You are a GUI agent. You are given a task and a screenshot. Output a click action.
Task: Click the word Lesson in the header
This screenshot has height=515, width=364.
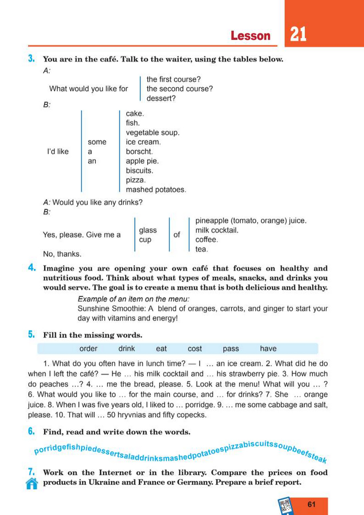(250, 36)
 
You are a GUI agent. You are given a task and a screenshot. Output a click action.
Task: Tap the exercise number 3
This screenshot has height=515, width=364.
(31, 59)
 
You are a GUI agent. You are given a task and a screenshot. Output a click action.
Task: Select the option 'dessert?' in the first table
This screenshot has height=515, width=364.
(161, 98)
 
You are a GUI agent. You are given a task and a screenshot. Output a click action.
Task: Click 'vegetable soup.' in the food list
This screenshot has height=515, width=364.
(152, 133)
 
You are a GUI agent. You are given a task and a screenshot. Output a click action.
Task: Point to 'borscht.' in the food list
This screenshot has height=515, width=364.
(140, 151)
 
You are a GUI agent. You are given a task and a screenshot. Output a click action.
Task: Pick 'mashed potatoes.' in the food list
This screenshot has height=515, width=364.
(156, 189)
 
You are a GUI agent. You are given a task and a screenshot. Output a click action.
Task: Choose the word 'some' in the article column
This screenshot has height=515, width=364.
(97, 142)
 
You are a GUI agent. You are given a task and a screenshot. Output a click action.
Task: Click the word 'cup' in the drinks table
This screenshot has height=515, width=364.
(145, 239)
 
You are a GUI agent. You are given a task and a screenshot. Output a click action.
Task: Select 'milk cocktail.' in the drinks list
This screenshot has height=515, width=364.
(217, 230)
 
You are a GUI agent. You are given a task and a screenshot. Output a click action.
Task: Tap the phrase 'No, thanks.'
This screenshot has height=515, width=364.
(62, 254)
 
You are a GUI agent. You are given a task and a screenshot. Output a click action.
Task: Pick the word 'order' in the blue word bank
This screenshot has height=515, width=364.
(89, 348)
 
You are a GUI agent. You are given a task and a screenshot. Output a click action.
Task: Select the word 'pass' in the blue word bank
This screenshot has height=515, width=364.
(230, 348)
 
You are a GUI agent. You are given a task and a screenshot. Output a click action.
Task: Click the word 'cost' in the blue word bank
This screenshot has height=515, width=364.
(194, 348)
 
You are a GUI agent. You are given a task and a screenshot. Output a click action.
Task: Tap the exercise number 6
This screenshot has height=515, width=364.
(31, 432)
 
